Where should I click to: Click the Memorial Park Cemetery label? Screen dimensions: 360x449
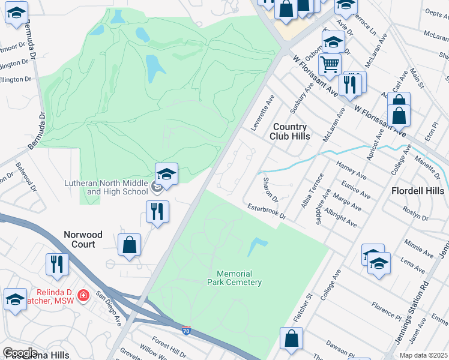(x=235, y=277)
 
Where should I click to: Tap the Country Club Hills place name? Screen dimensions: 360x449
(x=290, y=131)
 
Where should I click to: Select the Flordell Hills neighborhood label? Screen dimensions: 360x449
(x=418, y=191)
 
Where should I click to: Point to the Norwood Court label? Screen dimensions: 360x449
(x=83, y=239)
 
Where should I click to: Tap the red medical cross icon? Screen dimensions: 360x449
(x=83, y=295)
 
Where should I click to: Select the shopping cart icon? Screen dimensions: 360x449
(x=329, y=63)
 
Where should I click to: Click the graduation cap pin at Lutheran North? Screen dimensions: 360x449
(x=166, y=175)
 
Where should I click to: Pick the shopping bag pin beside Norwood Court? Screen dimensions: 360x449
(x=129, y=244)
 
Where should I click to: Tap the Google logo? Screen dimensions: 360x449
(x=20, y=352)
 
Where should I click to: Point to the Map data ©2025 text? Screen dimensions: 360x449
(x=423, y=355)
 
